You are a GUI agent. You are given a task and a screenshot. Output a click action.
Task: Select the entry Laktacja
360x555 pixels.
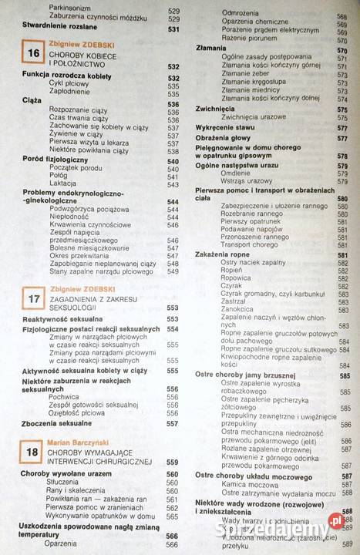click(x=64, y=185)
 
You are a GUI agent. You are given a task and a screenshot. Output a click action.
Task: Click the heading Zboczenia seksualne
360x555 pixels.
click(x=57, y=423)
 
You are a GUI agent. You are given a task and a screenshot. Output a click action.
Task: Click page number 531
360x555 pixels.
click(x=173, y=28)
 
